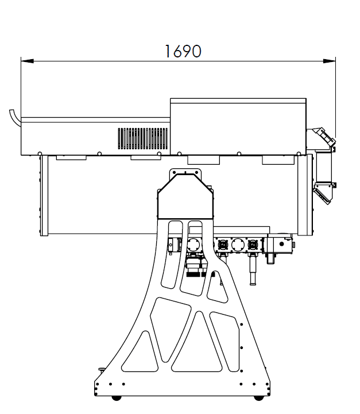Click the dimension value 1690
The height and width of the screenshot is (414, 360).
tap(183, 51)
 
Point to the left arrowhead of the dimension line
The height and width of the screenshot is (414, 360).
tap(27, 61)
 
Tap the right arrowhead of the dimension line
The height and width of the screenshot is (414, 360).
tap(330, 61)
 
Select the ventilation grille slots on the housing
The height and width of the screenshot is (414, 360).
tap(143, 138)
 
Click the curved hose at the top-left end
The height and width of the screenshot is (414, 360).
tap(15, 118)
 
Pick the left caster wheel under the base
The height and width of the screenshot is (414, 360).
tap(116, 397)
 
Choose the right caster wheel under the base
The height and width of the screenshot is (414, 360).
tap(258, 397)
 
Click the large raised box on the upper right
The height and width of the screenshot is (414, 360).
tap(238, 126)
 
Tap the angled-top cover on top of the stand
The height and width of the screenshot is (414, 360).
tap(185, 196)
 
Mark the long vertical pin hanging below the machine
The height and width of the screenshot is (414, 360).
tap(253, 269)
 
